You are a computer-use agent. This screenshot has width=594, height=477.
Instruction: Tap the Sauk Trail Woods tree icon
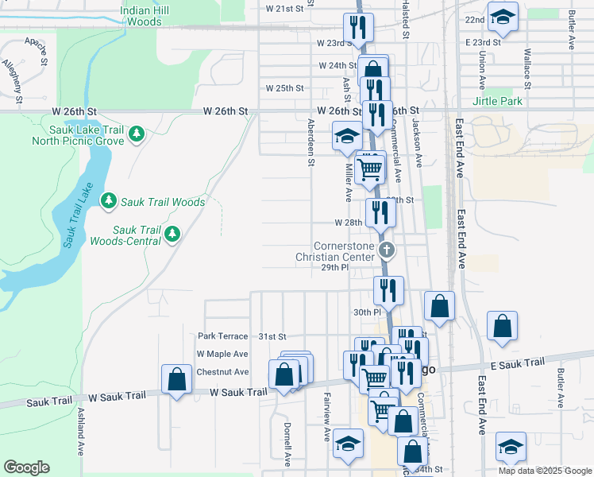point(108,202)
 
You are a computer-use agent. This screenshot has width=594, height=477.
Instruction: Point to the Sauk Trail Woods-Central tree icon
point(172,235)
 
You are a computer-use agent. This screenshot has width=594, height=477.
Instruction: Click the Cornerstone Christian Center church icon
point(387,251)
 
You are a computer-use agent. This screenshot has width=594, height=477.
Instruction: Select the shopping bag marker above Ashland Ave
point(176,378)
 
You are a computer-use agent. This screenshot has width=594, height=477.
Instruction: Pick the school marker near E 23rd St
point(502,17)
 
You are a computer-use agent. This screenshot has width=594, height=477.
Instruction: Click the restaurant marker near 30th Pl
point(388,290)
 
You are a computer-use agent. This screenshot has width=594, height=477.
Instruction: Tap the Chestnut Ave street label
point(222,371)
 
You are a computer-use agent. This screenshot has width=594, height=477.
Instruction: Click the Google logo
point(26,467)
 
